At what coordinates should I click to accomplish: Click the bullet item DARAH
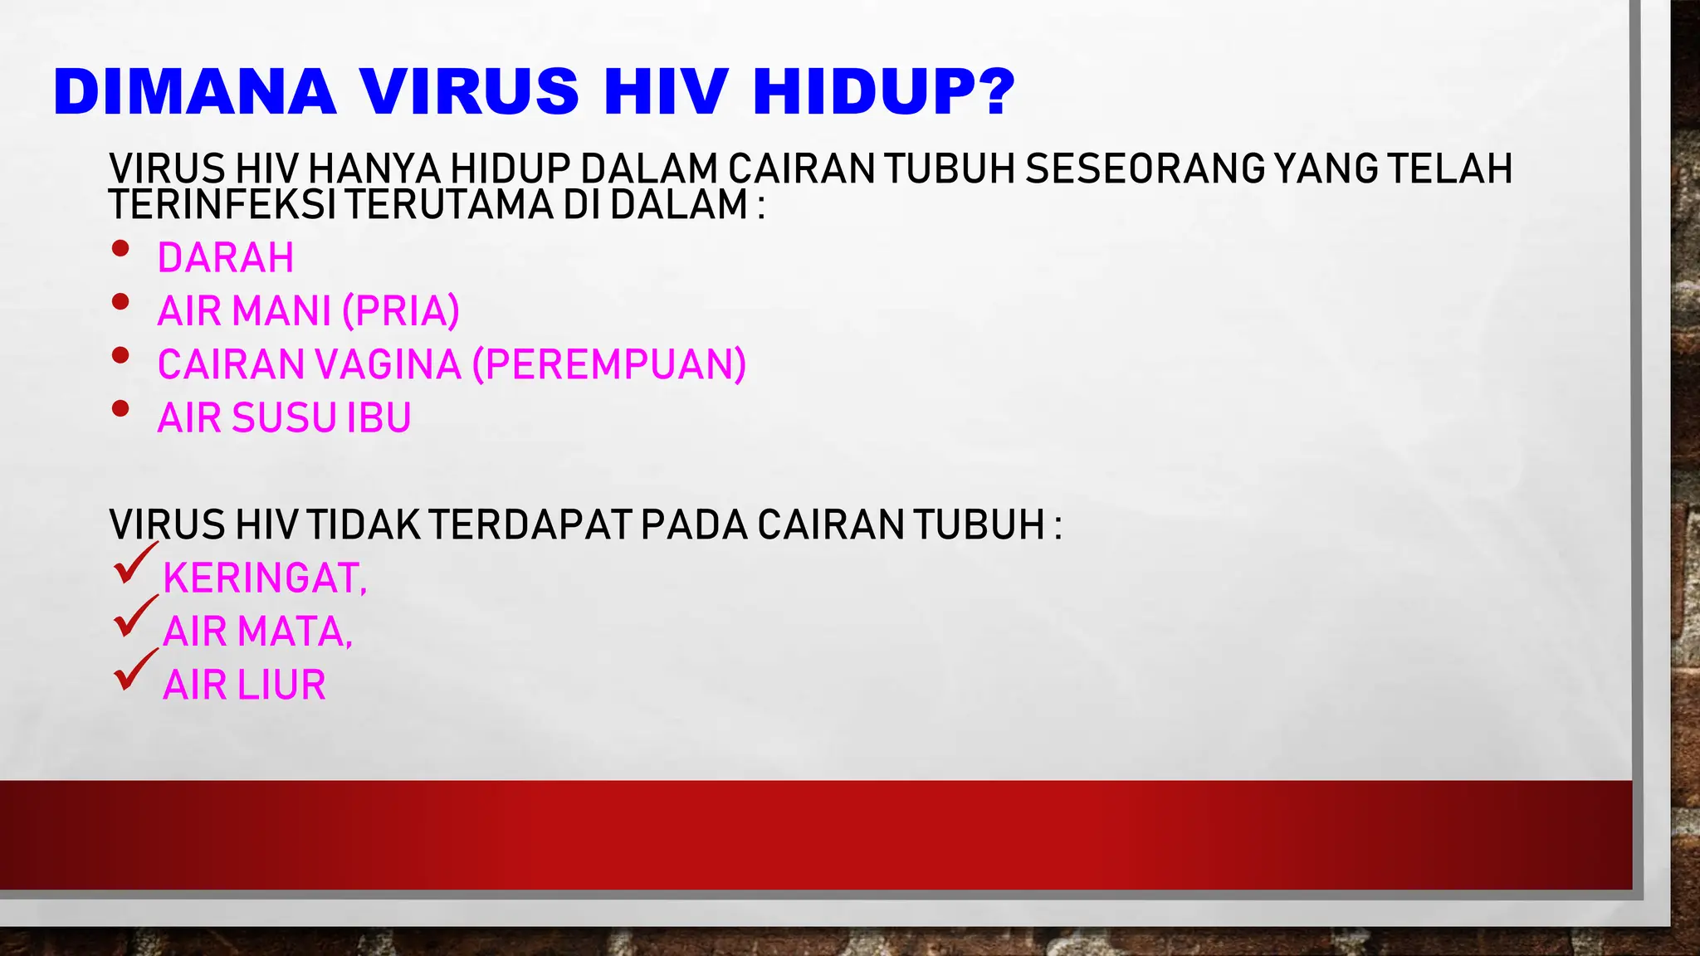point(226,258)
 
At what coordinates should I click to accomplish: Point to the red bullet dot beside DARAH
point(120,248)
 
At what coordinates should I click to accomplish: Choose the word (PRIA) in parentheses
point(401,311)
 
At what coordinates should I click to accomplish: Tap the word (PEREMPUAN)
point(610,364)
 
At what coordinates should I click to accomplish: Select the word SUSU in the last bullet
point(284,417)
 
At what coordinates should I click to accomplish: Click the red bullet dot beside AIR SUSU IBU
point(120,408)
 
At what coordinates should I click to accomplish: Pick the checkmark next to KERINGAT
point(133,564)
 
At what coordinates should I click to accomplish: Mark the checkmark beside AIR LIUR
point(133,671)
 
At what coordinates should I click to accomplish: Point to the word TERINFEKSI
point(222,205)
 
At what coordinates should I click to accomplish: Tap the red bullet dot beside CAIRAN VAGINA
point(120,355)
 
